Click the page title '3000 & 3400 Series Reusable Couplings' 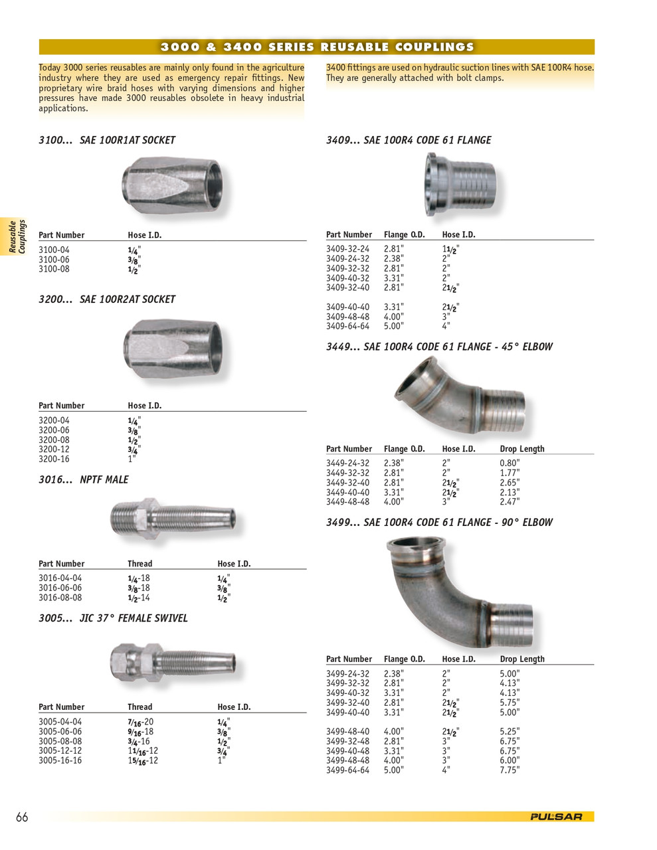(317, 47)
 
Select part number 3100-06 (54, 260)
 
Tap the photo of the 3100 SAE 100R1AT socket (172, 185)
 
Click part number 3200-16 (54, 459)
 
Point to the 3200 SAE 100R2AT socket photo (173, 349)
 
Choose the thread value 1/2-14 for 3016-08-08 (139, 598)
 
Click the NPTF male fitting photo (172, 518)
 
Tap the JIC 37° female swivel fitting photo (172, 662)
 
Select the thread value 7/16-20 (140, 722)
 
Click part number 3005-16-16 (60, 760)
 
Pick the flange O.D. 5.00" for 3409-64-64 (394, 326)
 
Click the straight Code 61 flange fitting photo (460, 182)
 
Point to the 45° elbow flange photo (460, 396)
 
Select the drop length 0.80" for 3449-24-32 (510, 464)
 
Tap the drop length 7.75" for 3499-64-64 (510, 770)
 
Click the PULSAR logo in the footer (556, 817)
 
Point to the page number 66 (22, 817)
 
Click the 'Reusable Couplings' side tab (17, 236)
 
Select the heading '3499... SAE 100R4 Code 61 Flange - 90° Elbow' (439, 523)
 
